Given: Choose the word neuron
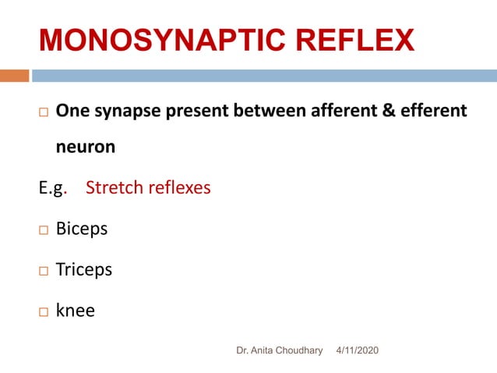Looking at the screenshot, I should pyautogui.click(x=85, y=146).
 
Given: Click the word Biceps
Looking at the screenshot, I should pyautogui.click(x=82, y=229).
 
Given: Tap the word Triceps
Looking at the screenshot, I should pyautogui.click(x=84, y=270).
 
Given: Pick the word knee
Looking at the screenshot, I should pyautogui.click(x=76, y=311).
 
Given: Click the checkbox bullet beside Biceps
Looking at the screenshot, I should pyautogui.click(x=43, y=230).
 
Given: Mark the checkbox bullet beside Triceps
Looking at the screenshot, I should pyautogui.click(x=43, y=271).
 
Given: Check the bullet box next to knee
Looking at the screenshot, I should pyautogui.click(x=43, y=311).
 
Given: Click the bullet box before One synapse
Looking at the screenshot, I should pyautogui.click(x=43, y=112).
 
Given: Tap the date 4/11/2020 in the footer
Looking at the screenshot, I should pyautogui.click(x=358, y=351).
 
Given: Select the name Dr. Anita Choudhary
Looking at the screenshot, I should pyautogui.click(x=279, y=351).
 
